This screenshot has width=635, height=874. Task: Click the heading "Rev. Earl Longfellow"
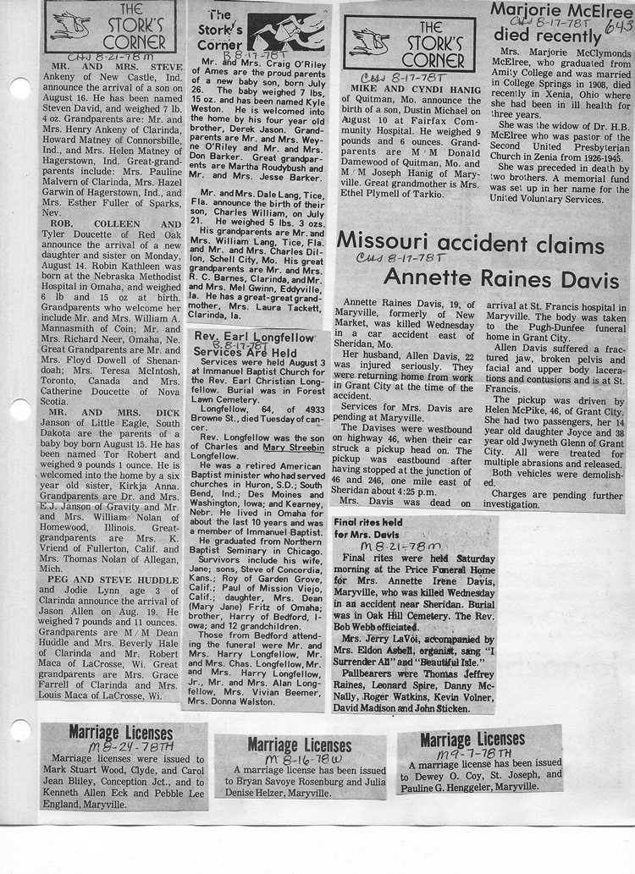tap(253, 338)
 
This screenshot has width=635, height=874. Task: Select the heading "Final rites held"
tap(369, 523)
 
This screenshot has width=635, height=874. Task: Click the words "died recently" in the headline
tap(546, 36)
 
